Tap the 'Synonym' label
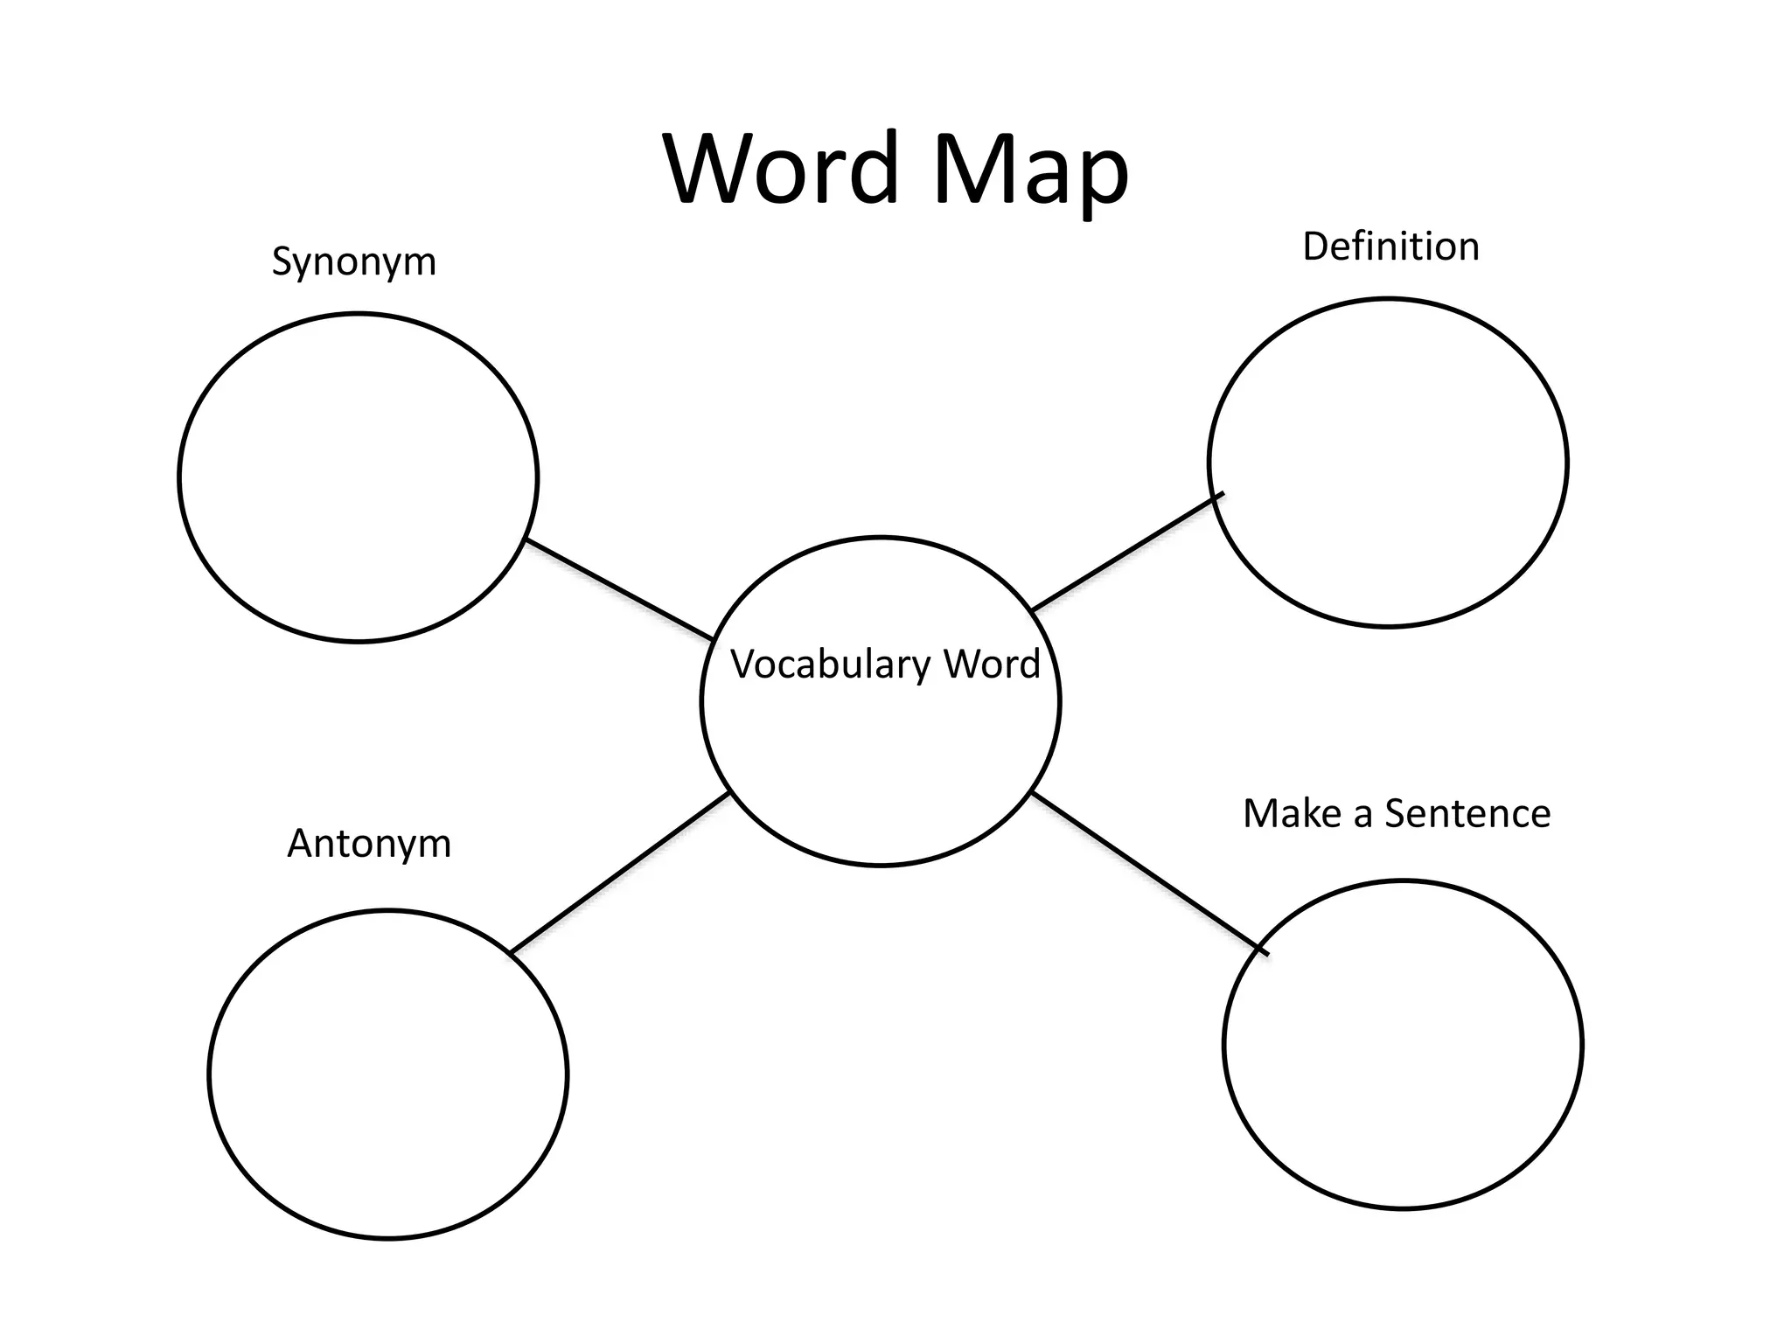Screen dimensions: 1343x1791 click(x=353, y=261)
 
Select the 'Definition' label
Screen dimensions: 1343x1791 click(x=1390, y=247)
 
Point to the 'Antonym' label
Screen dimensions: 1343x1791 click(x=369, y=844)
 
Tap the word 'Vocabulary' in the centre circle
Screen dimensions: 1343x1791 click(x=830, y=665)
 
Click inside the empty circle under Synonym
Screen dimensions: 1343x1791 click(x=358, y=477)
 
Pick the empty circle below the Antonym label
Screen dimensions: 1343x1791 click(x=388, y=1075)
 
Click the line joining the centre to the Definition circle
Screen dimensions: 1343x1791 click(x=1119, y=557)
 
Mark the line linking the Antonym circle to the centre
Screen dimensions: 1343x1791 click(x=619, y=873)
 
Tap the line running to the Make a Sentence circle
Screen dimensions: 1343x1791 click(x=1146, y=872)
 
